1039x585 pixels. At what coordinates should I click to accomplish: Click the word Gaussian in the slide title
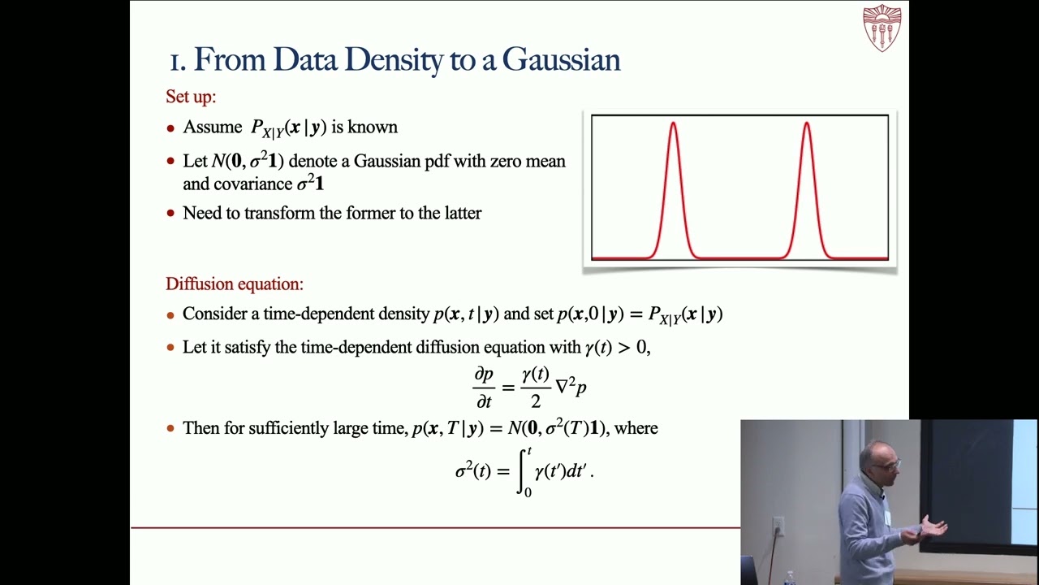pos(561,60)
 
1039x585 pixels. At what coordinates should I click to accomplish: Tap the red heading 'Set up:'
pos(191,97)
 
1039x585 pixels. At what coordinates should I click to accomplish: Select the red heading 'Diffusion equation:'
pos(235,284)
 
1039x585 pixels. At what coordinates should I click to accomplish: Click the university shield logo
pos(882,28)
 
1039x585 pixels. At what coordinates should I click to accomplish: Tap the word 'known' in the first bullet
pos(373,128)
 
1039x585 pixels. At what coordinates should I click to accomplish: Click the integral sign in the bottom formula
pos(524,471)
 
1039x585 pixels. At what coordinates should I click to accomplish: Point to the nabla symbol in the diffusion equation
pos(563,387)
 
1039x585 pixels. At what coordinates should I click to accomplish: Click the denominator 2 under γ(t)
pos(536,401)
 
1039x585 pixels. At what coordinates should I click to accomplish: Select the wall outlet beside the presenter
pos(778,526)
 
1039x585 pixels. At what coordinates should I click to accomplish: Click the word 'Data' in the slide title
pos(306,60)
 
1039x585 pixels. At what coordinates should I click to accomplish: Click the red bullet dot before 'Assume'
pos(170,128)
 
